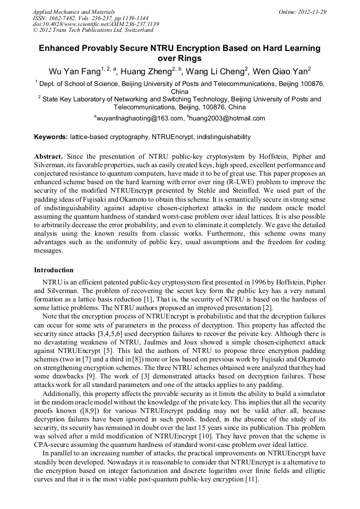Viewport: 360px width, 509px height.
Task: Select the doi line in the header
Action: [96, 24]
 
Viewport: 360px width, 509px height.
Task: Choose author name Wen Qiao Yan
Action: [280, 70]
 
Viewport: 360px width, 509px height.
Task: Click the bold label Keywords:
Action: [51, 137]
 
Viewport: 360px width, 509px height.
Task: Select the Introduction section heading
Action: [54, 270]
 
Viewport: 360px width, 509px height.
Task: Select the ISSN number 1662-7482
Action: [62, 18]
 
